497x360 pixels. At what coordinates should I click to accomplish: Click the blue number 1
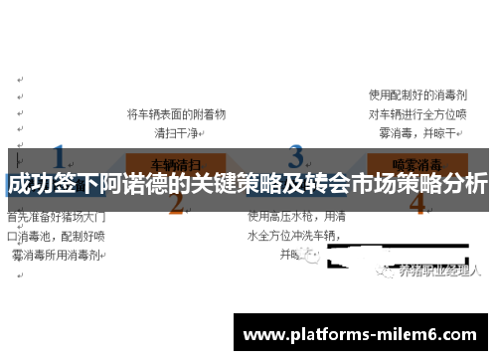61,157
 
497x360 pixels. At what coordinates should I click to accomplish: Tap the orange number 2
177,205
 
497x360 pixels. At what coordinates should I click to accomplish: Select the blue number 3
296,157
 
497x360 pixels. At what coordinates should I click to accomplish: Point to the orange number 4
417,205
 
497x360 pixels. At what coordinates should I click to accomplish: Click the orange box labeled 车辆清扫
176,161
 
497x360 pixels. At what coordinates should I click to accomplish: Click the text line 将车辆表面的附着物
177,114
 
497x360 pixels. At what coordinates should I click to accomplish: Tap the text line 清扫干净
177,132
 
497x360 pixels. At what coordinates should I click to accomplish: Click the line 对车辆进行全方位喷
417,113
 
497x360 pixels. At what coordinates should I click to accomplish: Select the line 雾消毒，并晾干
417,132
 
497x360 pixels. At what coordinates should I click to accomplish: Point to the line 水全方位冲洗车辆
294,236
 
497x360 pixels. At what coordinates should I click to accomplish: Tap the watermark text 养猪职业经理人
438,270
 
